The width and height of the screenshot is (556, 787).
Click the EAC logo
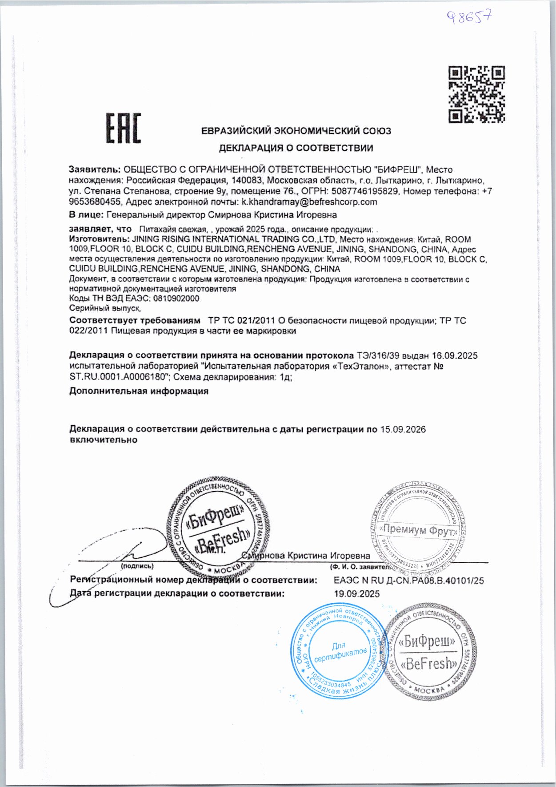pyautogui.click(x=123, y=129)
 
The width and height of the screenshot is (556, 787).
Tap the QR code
pyautogui.click(x=476, y=94)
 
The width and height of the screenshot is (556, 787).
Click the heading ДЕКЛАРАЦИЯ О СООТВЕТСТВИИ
pyautogui.click(x=296, y=148)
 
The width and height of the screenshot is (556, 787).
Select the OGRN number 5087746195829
pyautogui.click(x=366, y=191)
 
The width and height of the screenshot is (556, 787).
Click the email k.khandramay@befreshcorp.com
pyautogui.click(x=309, y=202)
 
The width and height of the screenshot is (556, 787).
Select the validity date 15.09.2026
pyautogui.click(x=403, y=429)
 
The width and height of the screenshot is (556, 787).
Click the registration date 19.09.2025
pyautogui.click(x=357, y=593)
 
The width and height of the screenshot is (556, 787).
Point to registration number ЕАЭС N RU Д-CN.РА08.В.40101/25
pyautogui.click(x=408, y=581)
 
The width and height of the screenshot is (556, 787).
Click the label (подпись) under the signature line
pyautogui.click(x=137, y=566)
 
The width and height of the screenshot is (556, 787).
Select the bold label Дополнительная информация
pyautogui.click(x=139, y=391)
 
